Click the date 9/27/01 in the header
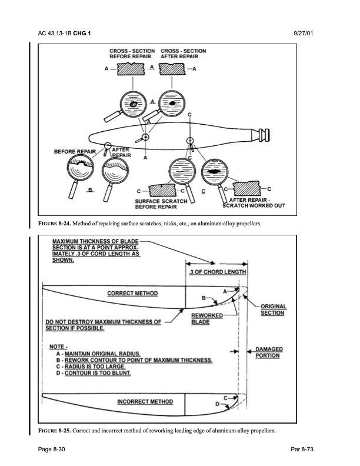click(x=304, y=34)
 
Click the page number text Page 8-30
click(x=51, y=449)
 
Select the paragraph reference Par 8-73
click(x=302, y=449)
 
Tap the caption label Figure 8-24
click(x=55, y=224)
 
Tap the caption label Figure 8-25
click(x=55, y=430)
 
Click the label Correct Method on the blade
click(x=132, y=294)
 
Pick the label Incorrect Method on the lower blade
click(x=145, y=402)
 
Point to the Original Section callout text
click(x=274, y=309)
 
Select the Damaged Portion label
click(x=269, y=352)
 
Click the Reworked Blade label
click(x=207, y=319)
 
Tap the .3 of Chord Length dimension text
click(x=218, y=272)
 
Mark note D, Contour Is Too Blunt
click(x=94, y=373)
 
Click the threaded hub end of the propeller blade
click(x=264, y=135)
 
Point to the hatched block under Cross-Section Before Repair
click(x=131, y=69)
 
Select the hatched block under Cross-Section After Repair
click(x=172, y=69)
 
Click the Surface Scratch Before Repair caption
click(x=161, y=204)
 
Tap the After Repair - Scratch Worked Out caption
click(x=254, y=203)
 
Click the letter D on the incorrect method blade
click(x=218, y=404)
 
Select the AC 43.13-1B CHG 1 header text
click(x=64, y=34)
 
